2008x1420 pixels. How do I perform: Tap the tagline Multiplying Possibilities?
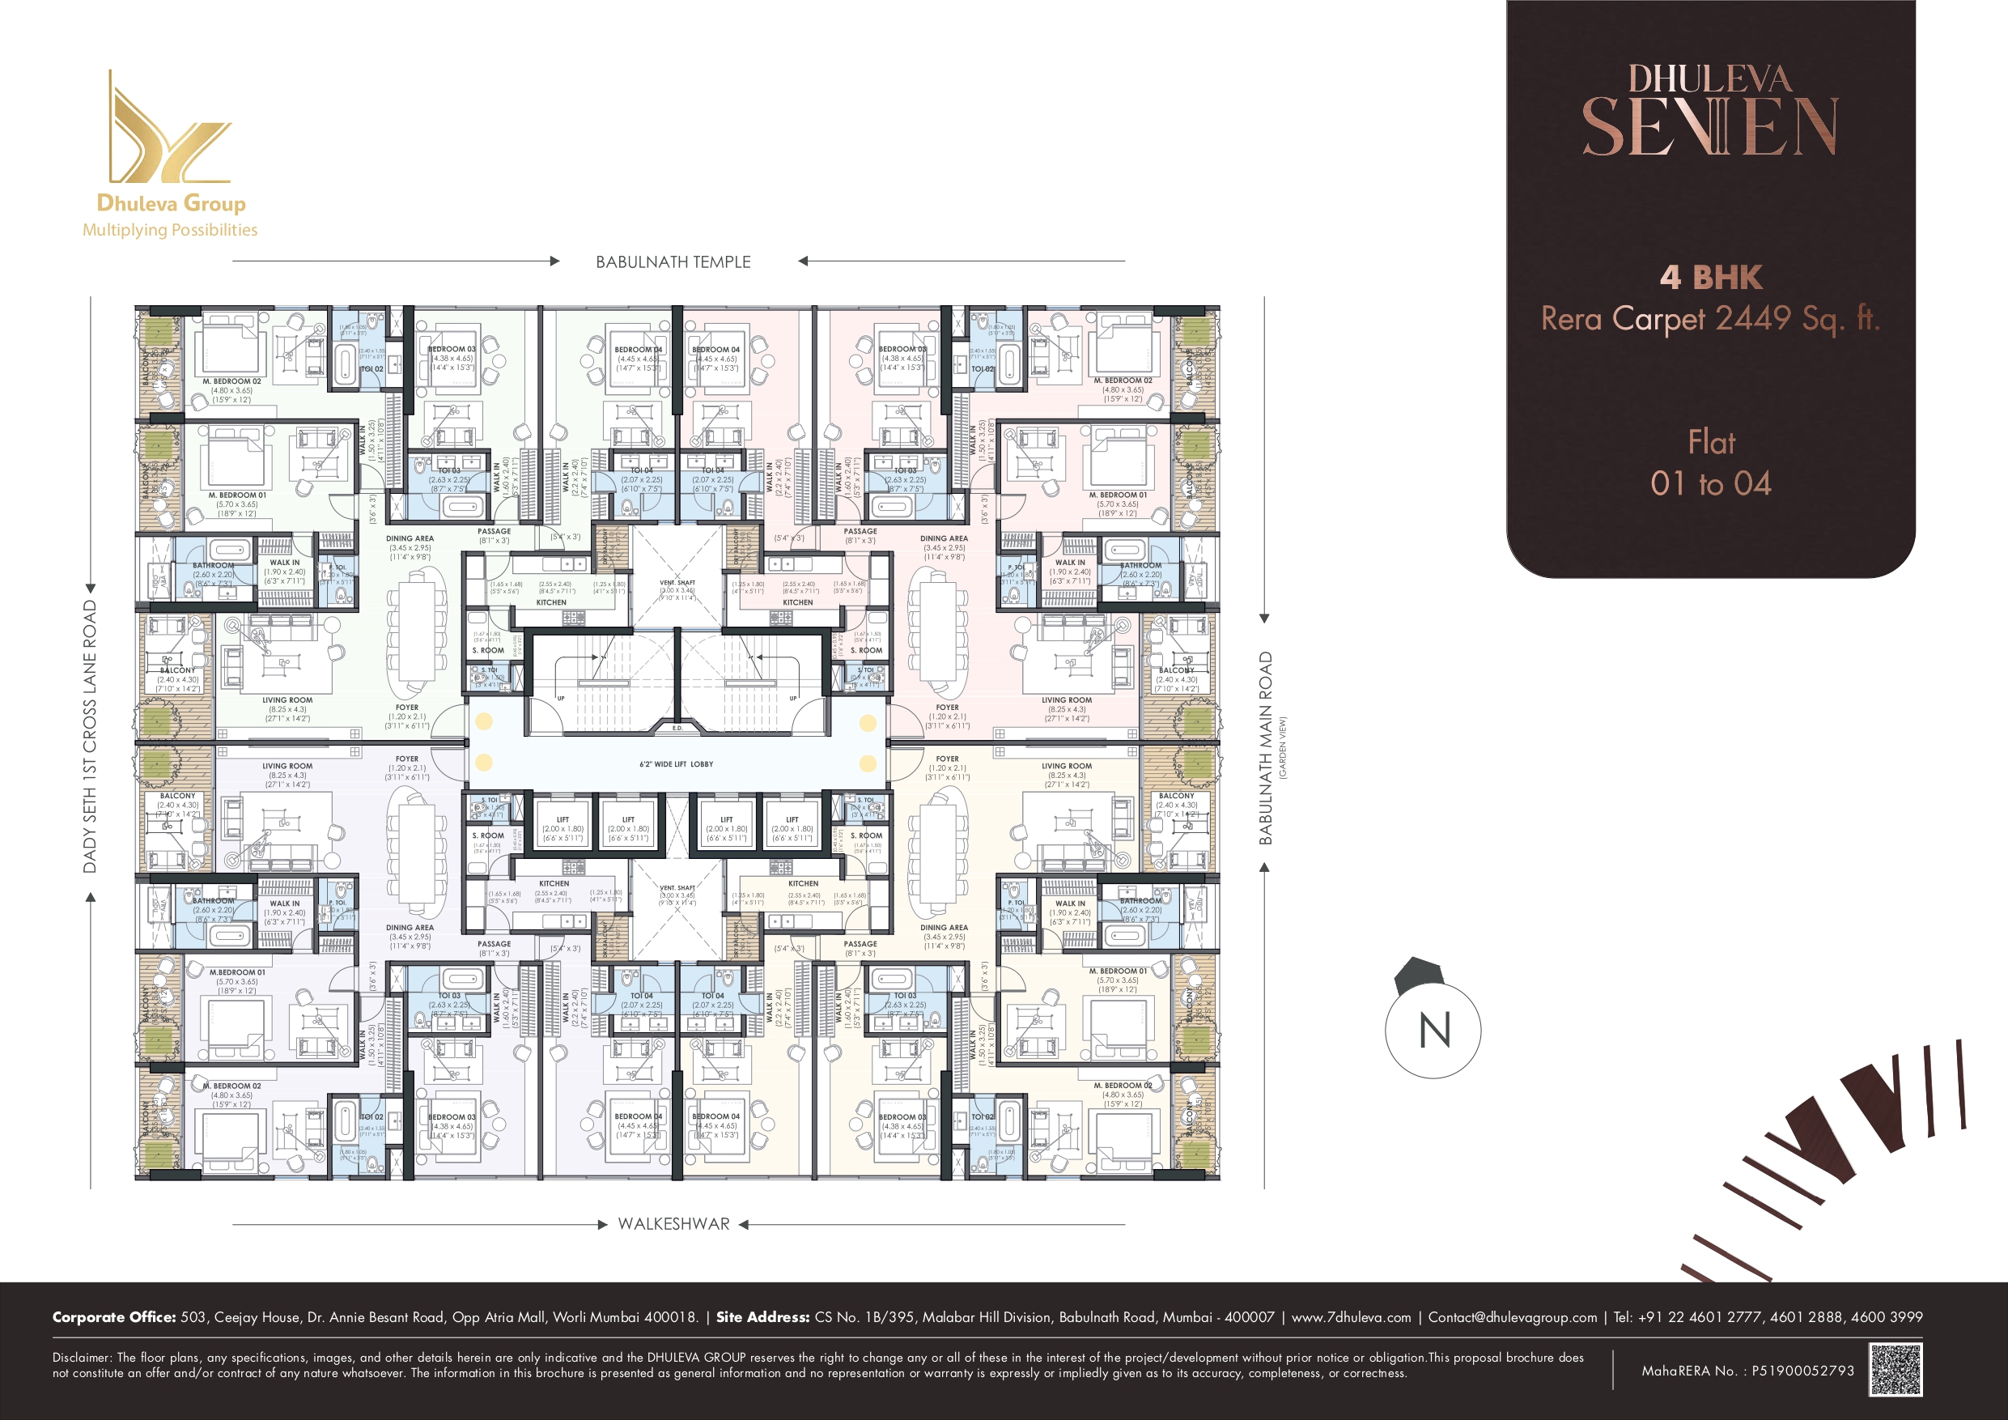170,230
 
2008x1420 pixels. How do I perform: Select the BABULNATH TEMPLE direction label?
673,261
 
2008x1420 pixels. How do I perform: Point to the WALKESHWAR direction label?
673,1224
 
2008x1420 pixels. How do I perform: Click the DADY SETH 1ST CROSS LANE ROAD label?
89,736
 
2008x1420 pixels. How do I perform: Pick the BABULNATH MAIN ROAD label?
1265,748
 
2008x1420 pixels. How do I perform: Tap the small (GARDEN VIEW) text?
1283,748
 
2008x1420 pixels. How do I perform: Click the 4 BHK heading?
1711,278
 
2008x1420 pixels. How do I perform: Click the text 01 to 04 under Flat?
1711,484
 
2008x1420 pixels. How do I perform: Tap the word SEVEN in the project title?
1711,128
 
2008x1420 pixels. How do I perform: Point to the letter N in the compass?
1434,1031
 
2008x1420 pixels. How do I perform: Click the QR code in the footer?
1896,1369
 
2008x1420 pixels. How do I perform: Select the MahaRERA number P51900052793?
1802,1371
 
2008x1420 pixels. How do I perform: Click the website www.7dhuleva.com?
1350,1316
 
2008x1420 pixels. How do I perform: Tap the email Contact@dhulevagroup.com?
1512,1316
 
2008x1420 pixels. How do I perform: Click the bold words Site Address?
762,1316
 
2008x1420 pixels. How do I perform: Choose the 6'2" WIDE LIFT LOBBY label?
676,763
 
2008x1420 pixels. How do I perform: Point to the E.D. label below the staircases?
677,728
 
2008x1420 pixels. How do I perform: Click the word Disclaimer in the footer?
81,1358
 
